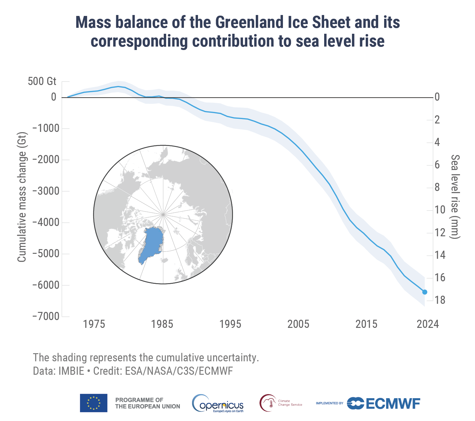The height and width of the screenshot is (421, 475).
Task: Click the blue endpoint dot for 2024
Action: click(425, 292)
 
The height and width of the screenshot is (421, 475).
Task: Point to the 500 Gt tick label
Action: click(42, 82)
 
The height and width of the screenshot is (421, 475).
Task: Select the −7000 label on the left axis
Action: click(46, 316)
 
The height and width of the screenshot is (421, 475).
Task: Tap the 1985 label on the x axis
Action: click(162, 324)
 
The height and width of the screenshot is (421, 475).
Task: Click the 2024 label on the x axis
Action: click(428, 324)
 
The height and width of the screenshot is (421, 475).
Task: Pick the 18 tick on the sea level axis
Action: click(440, 300)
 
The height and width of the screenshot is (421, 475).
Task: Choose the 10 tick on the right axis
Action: click(440, 210)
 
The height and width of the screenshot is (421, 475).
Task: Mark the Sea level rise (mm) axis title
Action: click(455, 197)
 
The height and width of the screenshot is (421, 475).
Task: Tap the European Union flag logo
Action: click(93, 403)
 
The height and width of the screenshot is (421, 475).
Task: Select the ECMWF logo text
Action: click(393, 403)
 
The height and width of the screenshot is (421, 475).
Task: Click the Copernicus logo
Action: click(218, 403)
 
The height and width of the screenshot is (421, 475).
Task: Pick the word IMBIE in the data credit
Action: click(71, 371)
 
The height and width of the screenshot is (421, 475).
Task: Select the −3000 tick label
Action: click(46, 191)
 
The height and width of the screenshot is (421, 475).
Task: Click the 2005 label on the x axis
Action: click(298, 324)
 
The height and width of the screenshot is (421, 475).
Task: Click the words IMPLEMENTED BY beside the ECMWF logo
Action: click(329, 403)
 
